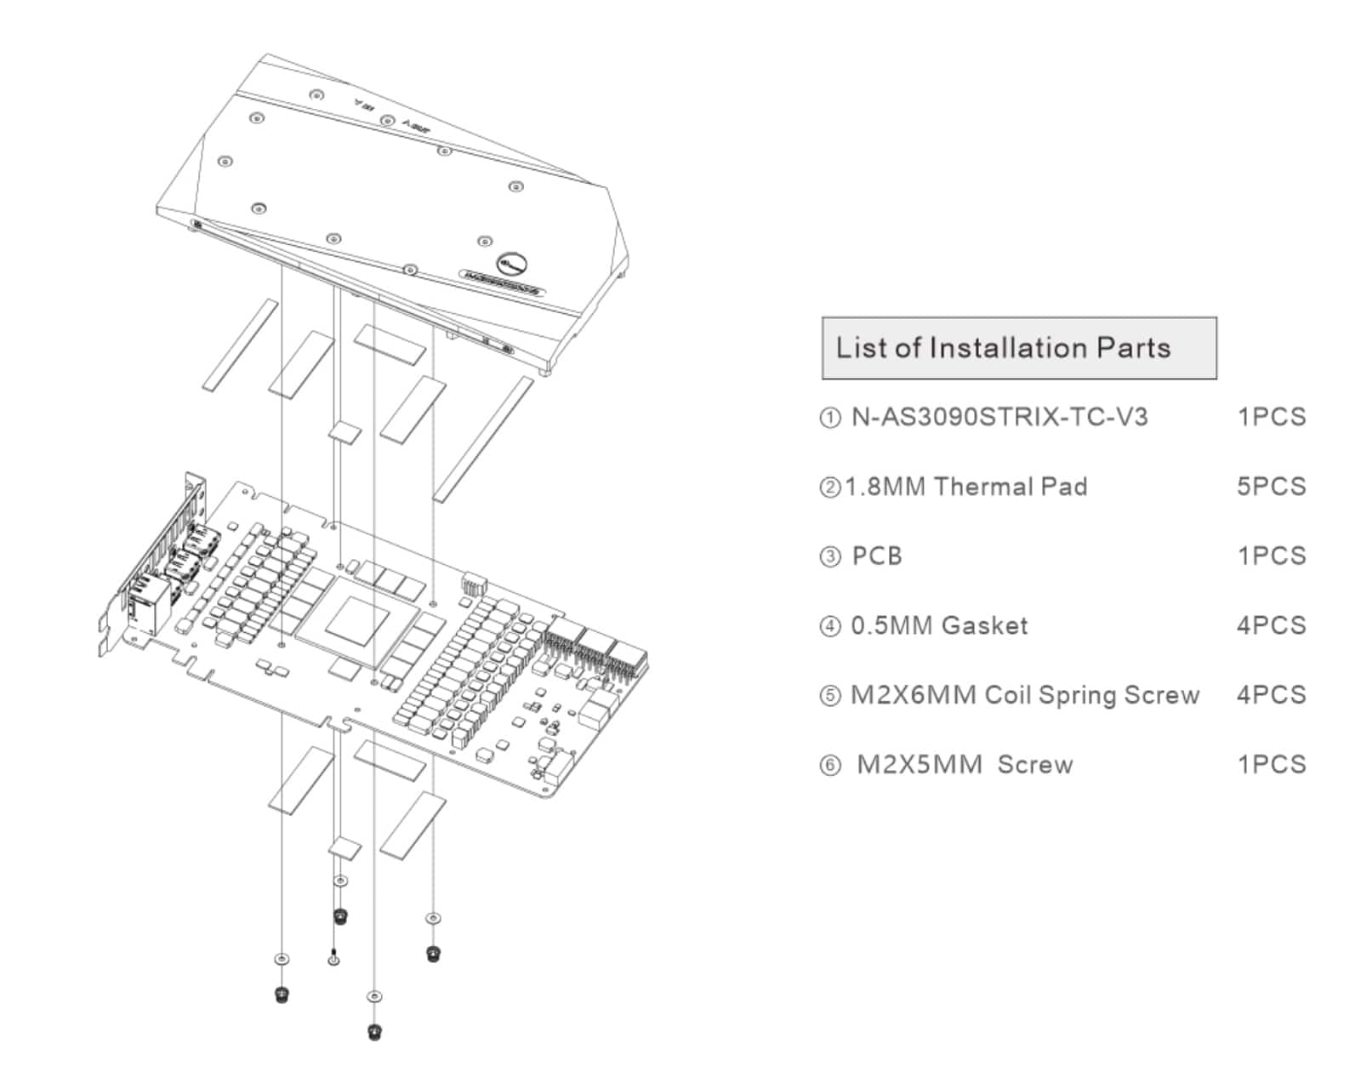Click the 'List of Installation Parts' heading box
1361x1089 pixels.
pyautogui.click(x=1018, y=348)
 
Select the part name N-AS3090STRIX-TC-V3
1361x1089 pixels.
pyautogui.click(x=999, y=417)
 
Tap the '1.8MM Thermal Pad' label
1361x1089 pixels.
pyautogui.click(x=967, y=487)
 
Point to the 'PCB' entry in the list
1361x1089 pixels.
pyautogui.click(x=876, y=556)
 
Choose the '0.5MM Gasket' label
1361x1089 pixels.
pyautogui.click(x=939, y=626)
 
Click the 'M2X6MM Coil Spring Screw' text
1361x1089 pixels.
pyautogui.click(x=1024, y=695)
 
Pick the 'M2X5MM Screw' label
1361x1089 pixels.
pyautogui.click(x=964, y=765)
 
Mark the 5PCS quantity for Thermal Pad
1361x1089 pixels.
pyautogui.click(x=1271, y=487)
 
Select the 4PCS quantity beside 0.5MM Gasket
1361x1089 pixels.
pyautogui.click(x=1271, y=626)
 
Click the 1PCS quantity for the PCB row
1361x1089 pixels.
pyautogui.click(x=1271, y=556)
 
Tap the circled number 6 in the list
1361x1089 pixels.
pyautogui.click(x=829, y=766)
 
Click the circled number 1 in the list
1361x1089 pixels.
pyautogui.click(x=829, y=418)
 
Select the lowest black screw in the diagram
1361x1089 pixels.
pyautogui.click(x=374, y=1032)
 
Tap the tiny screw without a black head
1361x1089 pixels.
pyautogui.click(x=334, y=955)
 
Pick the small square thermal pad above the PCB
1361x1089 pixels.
pyautogui.click(x=345, y=431)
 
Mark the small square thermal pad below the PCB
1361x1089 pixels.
pyautogui.click(x=345, y=847)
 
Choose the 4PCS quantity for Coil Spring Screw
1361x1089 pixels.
pyautogui.click(x=1271, y=695)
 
